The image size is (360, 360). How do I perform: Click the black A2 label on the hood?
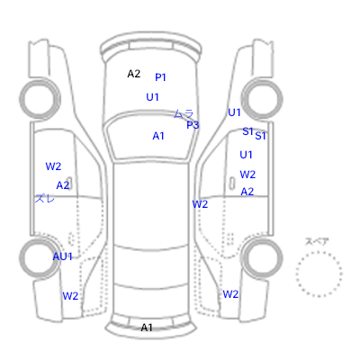pos(134,74)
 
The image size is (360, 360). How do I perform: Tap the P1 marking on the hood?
pos(160,77)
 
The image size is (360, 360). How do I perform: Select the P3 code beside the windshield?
pos(193,125)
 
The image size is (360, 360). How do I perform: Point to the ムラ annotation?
pos(184,113)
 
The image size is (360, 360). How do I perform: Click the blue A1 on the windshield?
pos(158,136)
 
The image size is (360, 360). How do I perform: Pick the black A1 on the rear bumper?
pos(147,328)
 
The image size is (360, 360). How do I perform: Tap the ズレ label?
pos(45,198)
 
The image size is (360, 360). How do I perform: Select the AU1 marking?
pos(63,256)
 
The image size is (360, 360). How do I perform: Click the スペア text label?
pos(317,241)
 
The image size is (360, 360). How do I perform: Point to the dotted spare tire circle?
pos(319,252)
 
